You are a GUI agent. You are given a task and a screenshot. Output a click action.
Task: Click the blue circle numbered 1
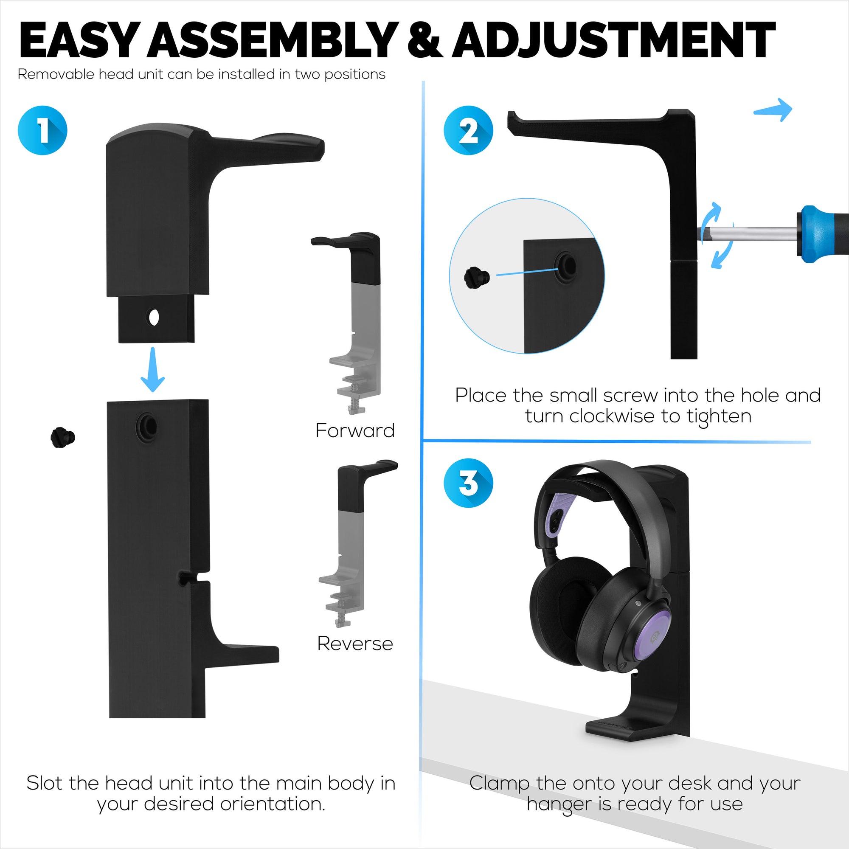pyautogui.click(x=42, y=130)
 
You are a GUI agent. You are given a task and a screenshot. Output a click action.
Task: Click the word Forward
pyautogui.click(x=354, y=430)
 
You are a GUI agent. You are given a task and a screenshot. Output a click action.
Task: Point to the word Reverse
pyautogui.click(x=354, y=644)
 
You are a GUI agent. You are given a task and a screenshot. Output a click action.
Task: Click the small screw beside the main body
pyautogui.click(x=62, y=437)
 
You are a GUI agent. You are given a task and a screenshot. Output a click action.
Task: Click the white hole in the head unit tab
pyautogui.click(x=154, y=317)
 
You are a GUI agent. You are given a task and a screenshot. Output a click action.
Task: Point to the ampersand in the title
pyautogui.click(x=424, y=40)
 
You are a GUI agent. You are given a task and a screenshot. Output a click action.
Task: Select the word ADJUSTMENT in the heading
pyautogui.click(x=613, y=40)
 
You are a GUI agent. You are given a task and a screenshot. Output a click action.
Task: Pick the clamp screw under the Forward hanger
pyautogui.click(x=356, y=403)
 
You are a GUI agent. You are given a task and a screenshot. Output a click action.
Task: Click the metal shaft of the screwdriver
pyautogui.click(x=747, y=233)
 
